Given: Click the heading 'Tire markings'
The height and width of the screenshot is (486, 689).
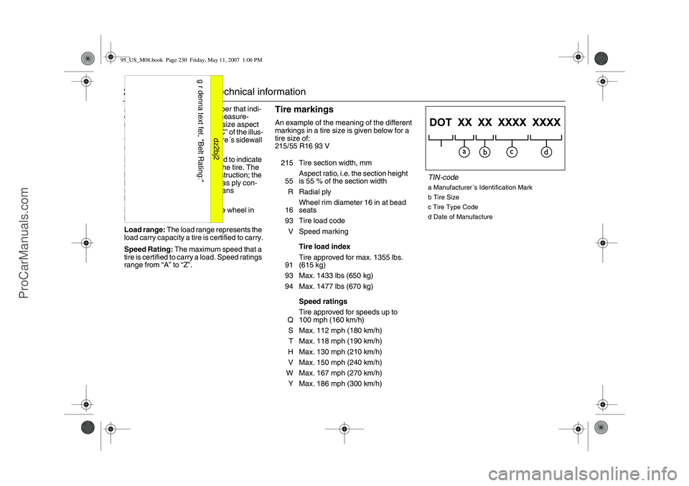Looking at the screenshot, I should (304, 110).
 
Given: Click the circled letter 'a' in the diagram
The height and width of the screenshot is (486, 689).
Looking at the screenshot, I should (464, 152).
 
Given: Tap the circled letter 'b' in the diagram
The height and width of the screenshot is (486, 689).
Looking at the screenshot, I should (485, 152).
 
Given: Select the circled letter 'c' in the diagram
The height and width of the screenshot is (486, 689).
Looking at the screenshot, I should (512, 152).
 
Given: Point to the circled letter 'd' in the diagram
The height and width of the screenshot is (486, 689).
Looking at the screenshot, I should (546, 152).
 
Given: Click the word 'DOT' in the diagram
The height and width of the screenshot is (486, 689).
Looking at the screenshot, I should (445, 122).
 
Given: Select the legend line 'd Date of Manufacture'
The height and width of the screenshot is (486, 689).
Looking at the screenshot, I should (460, 216).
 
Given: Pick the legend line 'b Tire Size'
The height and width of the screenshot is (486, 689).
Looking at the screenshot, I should (445, 196).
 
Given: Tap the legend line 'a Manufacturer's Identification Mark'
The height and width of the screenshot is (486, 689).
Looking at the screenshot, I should (479, 187).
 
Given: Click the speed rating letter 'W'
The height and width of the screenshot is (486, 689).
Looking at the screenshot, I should (289, 373).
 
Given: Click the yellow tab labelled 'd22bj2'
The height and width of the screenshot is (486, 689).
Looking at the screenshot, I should (216, 151).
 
